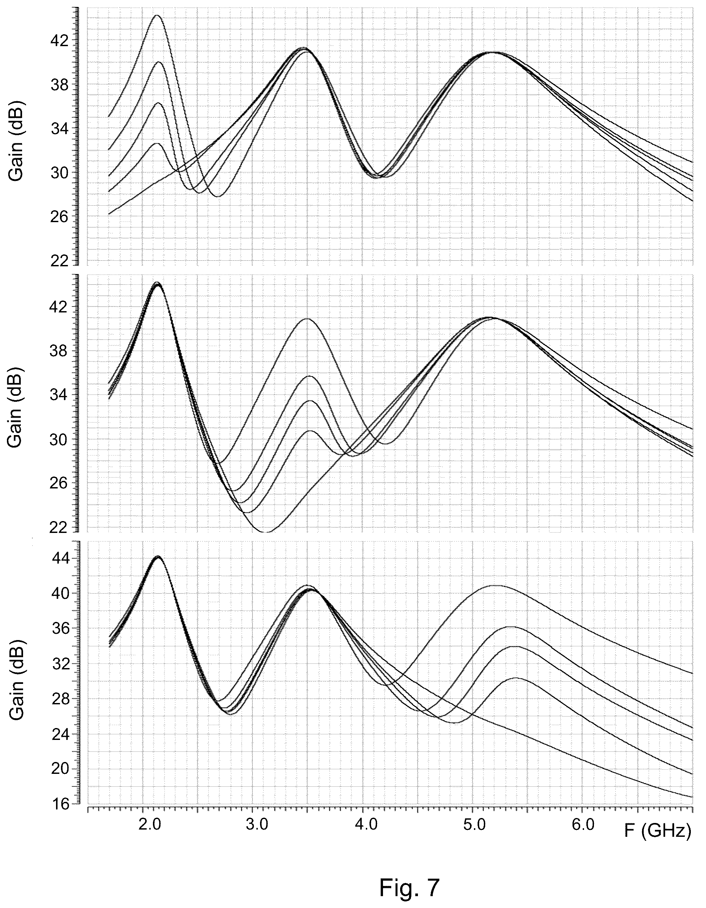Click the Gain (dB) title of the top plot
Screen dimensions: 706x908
[15, 140]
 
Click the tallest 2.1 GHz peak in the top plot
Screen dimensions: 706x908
[157, 15]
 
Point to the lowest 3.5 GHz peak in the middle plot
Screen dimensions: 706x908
[310, 431]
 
